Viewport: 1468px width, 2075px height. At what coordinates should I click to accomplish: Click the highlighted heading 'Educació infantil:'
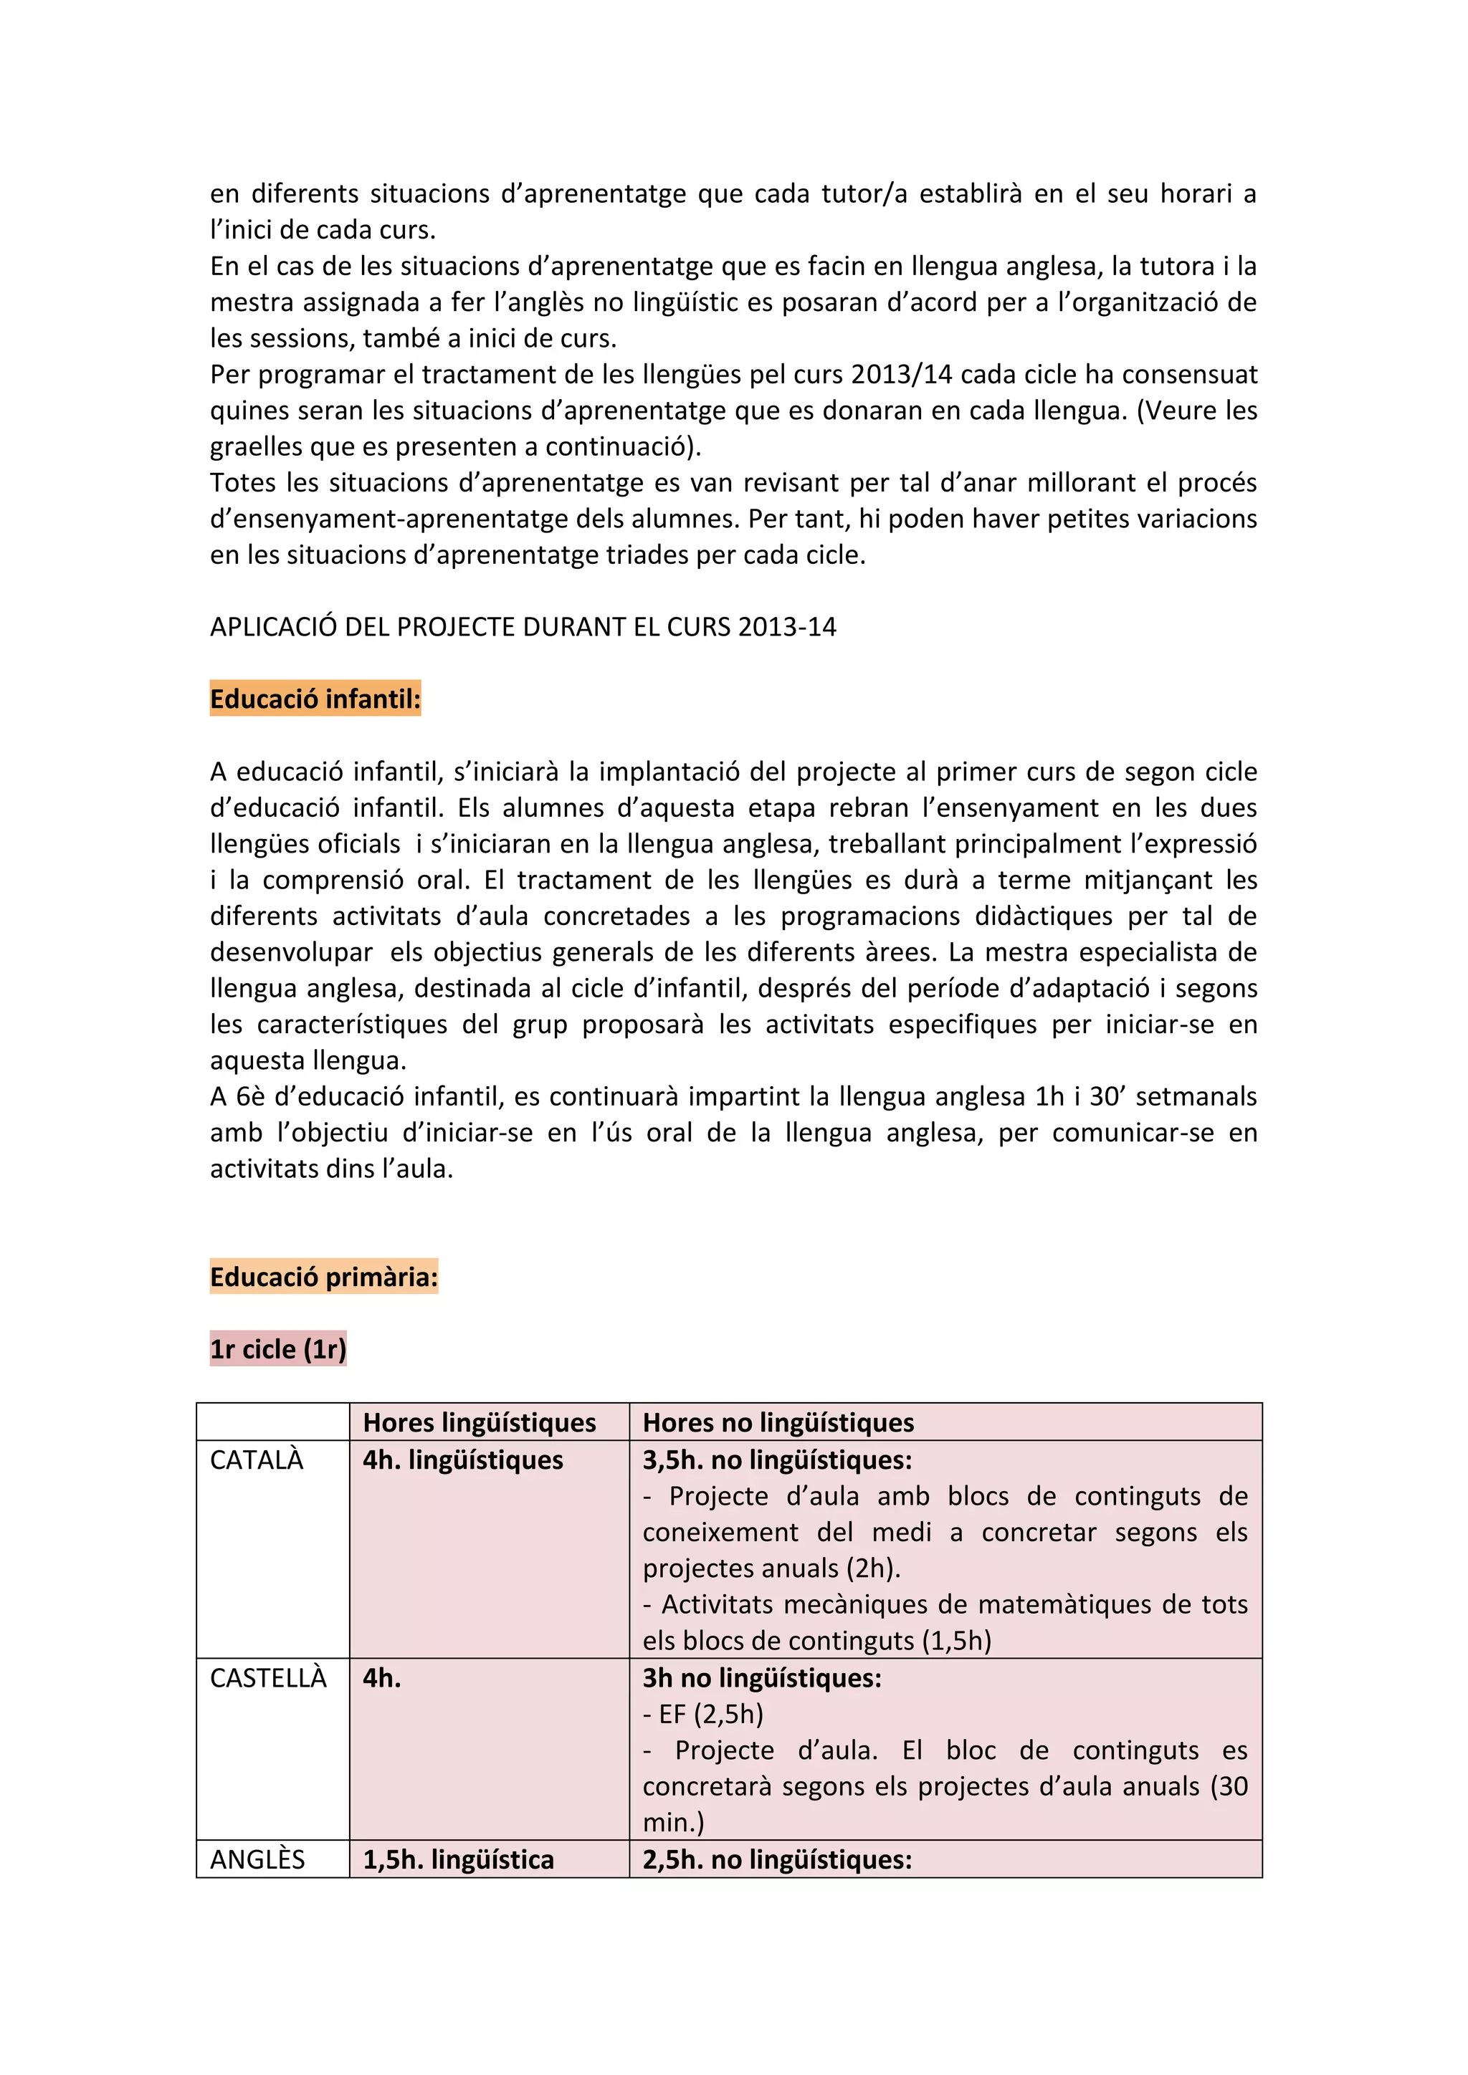pos(315,699)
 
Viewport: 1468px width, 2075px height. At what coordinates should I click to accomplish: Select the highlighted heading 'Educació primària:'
pos(323,1276)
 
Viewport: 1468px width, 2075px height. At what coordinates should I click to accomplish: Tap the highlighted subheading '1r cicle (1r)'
pos(277,1348)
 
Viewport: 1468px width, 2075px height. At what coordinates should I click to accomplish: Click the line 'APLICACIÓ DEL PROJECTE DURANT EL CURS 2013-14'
pos(523,626)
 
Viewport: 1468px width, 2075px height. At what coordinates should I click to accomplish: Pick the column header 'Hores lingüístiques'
pos(479,1422)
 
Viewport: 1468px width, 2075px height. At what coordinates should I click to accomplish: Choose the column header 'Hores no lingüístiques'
pos(778,1422)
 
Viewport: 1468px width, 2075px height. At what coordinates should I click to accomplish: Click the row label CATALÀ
pos(257,1460)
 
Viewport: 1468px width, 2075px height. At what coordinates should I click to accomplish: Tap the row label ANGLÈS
pos(257,1859)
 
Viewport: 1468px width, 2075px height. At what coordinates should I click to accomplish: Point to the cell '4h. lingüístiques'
pos(463,1460)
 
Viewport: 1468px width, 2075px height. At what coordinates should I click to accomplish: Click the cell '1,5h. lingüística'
pos(458,1859)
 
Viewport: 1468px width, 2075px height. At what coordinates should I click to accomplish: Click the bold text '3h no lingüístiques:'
pos(761,1677)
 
